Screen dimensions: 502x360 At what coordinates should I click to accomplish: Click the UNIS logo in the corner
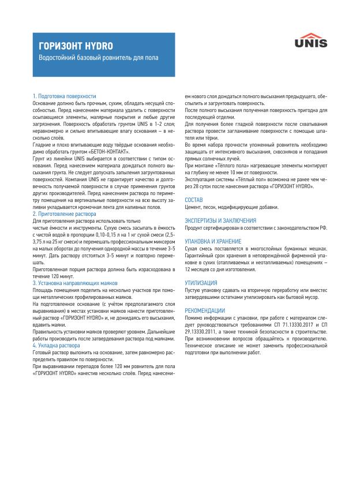point(311,40)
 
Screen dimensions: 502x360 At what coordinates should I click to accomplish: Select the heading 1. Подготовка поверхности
point(65,96)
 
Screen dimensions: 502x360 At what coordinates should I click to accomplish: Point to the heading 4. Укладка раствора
point(57,346)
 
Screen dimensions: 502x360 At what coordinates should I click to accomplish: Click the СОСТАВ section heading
point(194,200)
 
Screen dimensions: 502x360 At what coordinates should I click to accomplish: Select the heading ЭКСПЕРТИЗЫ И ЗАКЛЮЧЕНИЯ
point(220,220)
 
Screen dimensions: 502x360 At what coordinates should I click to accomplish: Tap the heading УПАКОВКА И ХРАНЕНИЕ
point(213,241)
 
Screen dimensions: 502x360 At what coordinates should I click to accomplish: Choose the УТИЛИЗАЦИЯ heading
point(201,283)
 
